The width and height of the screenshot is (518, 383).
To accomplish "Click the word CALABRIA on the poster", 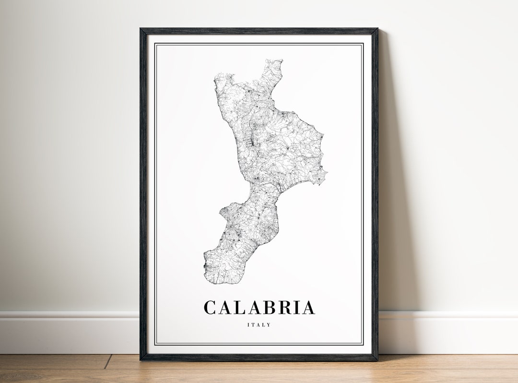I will pos(259,308).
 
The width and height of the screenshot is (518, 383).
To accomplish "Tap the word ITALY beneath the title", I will pos(259,325).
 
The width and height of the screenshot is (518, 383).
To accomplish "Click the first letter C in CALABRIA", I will pos(210,308).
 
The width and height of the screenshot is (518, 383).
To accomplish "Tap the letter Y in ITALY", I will pos(269,325).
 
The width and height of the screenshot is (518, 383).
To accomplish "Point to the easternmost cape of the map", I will pos(326,171).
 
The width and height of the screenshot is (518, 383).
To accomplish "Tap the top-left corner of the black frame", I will pos(141,29).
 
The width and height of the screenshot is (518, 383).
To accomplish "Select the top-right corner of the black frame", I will pos(377,29).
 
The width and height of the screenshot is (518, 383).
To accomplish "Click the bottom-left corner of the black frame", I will pos(141,359).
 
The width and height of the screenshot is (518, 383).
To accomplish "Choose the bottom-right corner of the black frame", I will pos(377,359).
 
